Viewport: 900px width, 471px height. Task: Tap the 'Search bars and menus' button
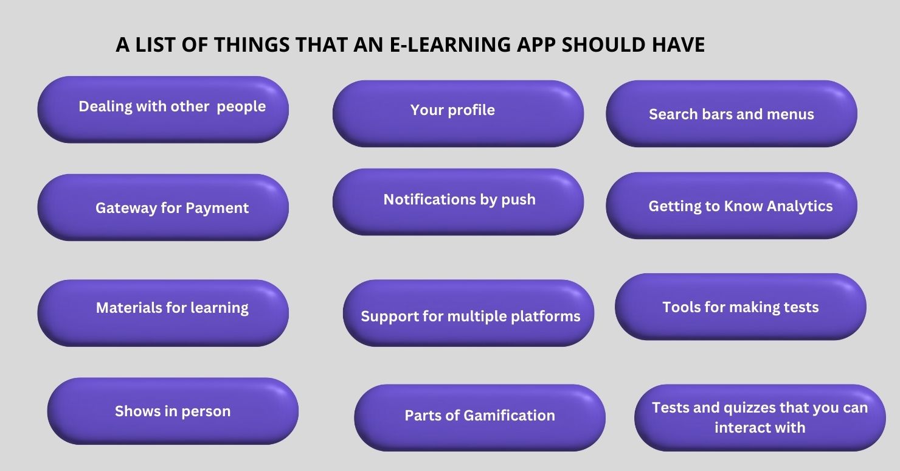coord(732,114)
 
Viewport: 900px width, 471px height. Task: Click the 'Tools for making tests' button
coord(741,307)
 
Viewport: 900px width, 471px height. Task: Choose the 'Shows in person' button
coord(173,411)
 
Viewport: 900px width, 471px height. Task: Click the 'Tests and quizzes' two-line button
coord(760,417)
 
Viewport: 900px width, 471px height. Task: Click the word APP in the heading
coord(536,44)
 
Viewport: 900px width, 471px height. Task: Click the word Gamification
coord(509,416)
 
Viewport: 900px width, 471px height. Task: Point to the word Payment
coord(217,208)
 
